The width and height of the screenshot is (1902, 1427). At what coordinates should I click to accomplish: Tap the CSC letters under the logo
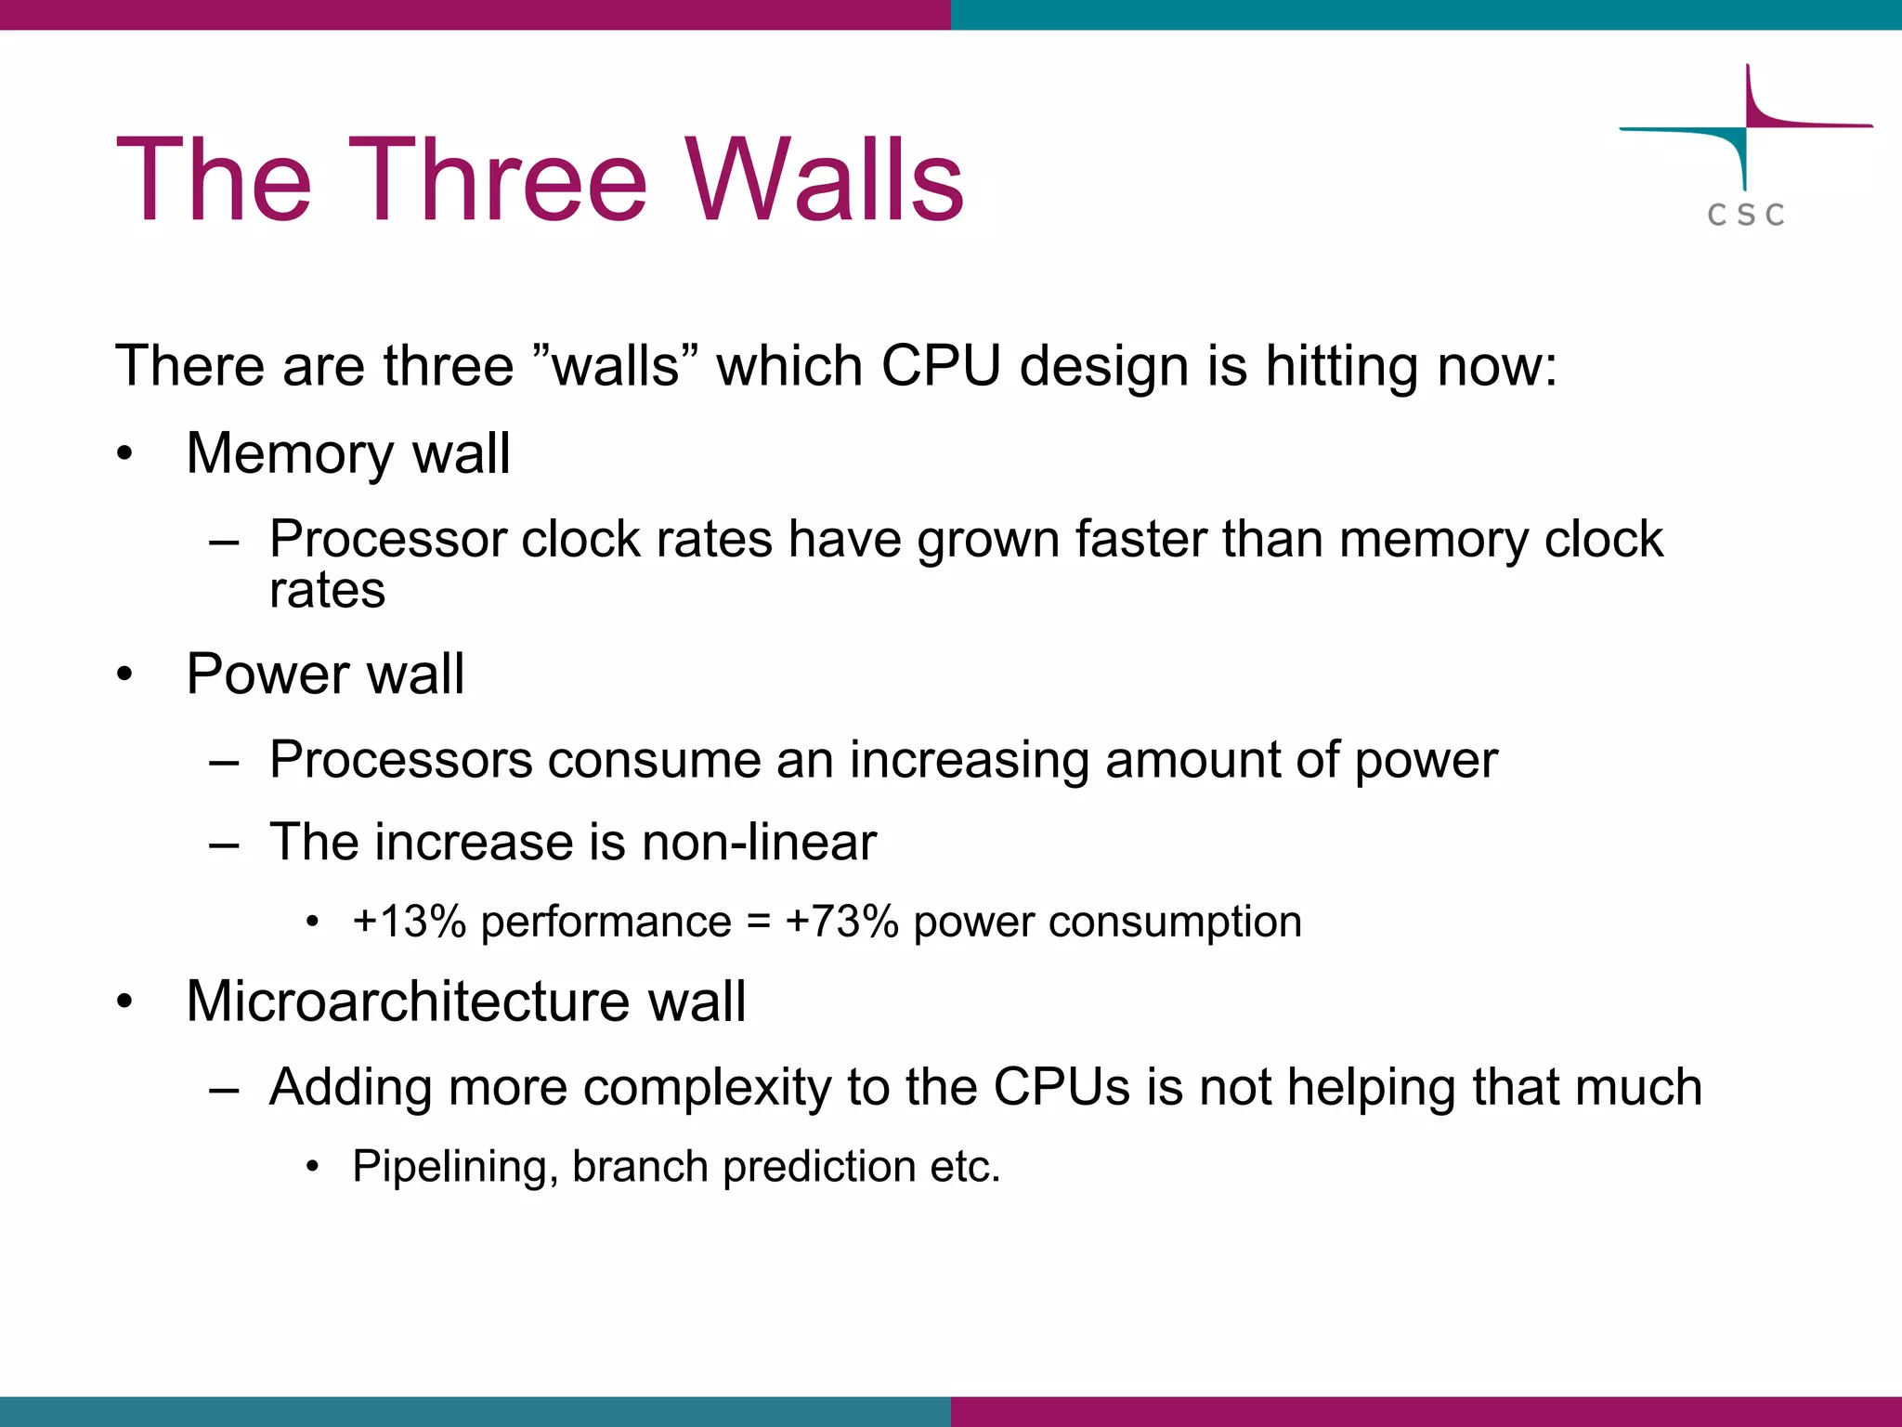[x=1745, y=216]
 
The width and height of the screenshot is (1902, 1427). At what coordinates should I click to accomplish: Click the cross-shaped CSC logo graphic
[x=1746, y=127]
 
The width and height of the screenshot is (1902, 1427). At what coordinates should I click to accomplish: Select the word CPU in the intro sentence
[x=941, y=365]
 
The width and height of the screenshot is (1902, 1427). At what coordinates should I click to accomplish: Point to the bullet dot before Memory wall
[x=125, y=454]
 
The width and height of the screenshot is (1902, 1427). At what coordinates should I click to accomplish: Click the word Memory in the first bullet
[x=290, y=454]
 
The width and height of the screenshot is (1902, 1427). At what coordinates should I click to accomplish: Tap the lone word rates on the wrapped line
[x=327, y=590]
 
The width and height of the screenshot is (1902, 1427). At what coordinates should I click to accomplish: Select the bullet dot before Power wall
[x=125, y=674]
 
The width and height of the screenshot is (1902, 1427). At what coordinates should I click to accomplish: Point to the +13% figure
[x=409, y=922]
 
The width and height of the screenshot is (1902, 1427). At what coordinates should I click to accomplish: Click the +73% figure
[x=841, y=922]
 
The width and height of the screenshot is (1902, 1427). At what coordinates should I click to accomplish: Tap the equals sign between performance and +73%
[x=758, y=922]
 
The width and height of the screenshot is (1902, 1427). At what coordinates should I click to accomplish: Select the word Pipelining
[x=454, y=1167]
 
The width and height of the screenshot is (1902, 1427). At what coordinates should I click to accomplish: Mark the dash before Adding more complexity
[x=225, y=1088]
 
